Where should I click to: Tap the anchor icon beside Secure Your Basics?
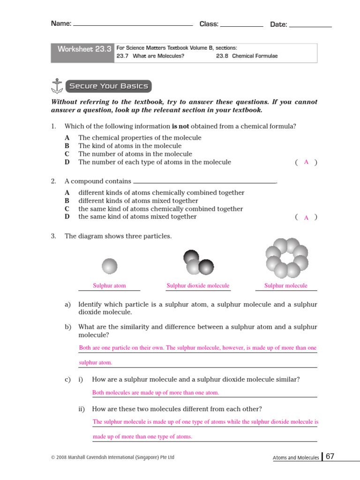click(x=56, y=86)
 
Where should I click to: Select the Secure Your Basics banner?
click(x=108, y=86)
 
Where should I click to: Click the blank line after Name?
click(x=133, y=24)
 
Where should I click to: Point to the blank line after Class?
click(x=241, y=25)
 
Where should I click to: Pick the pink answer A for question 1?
click(x=306, y=162)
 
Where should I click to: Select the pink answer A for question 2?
click(x=306, y=217)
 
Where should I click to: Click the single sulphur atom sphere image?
click(x=110, y=266)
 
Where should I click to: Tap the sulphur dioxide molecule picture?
click(x=198, y=262)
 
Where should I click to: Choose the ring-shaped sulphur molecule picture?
click(x=287, y=258)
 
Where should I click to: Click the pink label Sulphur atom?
click(x=109, y=285)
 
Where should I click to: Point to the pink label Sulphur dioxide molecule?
click(x=198, y=285)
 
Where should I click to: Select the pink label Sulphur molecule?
click(x=286, y=285)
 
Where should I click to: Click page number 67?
click(x=330, y=457)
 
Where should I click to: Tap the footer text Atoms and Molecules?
click(x=296, y=457)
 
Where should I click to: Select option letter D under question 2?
click(x=67, y=217)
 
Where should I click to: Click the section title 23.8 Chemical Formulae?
click(x=247, y=56)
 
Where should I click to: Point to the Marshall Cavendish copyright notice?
click(x=112, y=457)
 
